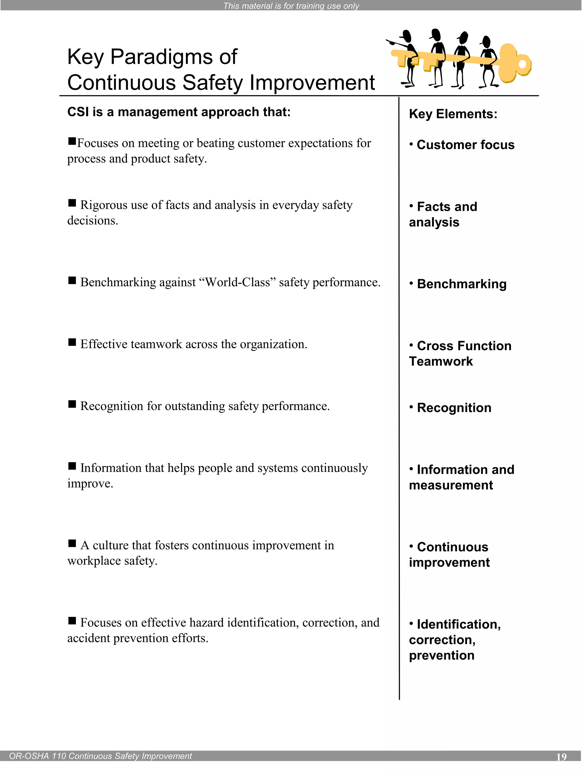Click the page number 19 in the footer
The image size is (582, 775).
pyautogui.click(x=561, y=757)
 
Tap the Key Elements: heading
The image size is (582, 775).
pyautogui.click(x=453, y=114)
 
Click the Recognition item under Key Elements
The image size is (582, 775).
pyautogui.click(x=454, y=408)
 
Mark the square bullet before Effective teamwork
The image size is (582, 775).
pyautogui.click(x=72, y=342)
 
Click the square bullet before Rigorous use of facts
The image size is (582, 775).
pyautogui.click(x=72, y=203)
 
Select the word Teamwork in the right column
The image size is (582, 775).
pyautogui.click(x=441, y=362)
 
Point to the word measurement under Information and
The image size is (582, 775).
pyautogui.click(x=451, y=485)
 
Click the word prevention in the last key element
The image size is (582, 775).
pyautogui.click(x=441, y=656)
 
